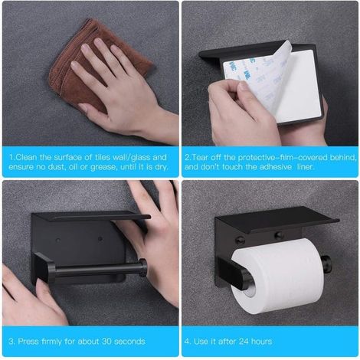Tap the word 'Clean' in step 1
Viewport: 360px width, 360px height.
(26, 157)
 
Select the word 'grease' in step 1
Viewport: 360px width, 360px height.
(104, 168)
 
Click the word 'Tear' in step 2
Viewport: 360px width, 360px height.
(200, 157)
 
